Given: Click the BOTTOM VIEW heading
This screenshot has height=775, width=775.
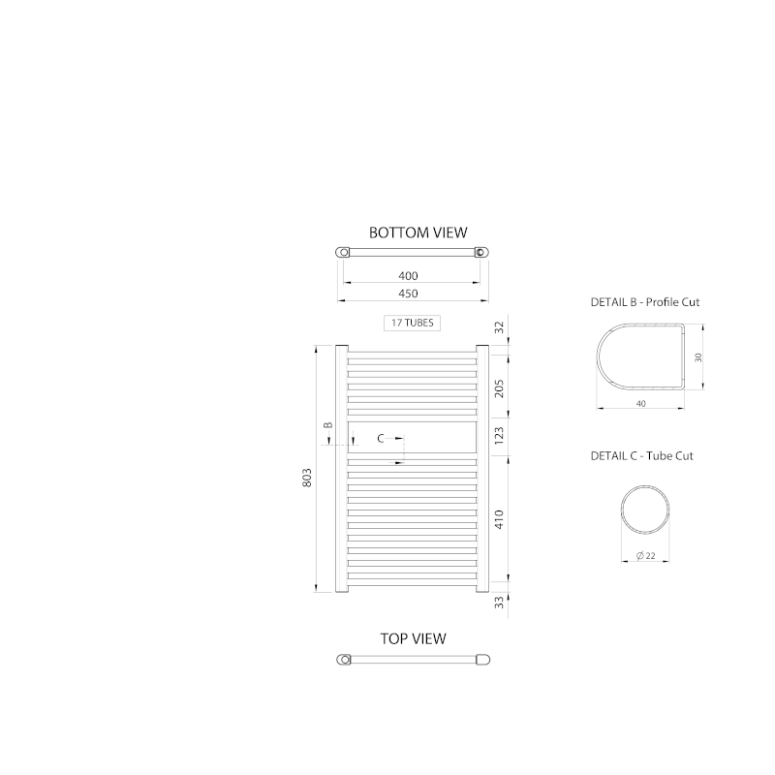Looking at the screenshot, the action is click(x=418, y=232).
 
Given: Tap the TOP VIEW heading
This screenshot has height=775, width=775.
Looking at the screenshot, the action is click(x=414, y=638).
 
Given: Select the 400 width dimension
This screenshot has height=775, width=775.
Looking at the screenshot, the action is click(x=408, y=276).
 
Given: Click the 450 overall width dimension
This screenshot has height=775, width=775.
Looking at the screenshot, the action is click(x=408, y=294).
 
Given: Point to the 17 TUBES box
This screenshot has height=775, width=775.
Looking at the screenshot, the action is click(x=413, y=323).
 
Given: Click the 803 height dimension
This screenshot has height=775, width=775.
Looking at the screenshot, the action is click(x=307, y=478).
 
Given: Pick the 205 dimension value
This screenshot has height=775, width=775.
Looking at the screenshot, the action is click(x=499, y=388).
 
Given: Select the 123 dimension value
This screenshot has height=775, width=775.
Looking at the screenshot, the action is click(x=499, y=434).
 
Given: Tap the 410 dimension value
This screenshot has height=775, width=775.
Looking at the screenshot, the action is click(x=499, y=519).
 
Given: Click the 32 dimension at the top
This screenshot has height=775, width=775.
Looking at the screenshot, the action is click(x=499, y=327).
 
